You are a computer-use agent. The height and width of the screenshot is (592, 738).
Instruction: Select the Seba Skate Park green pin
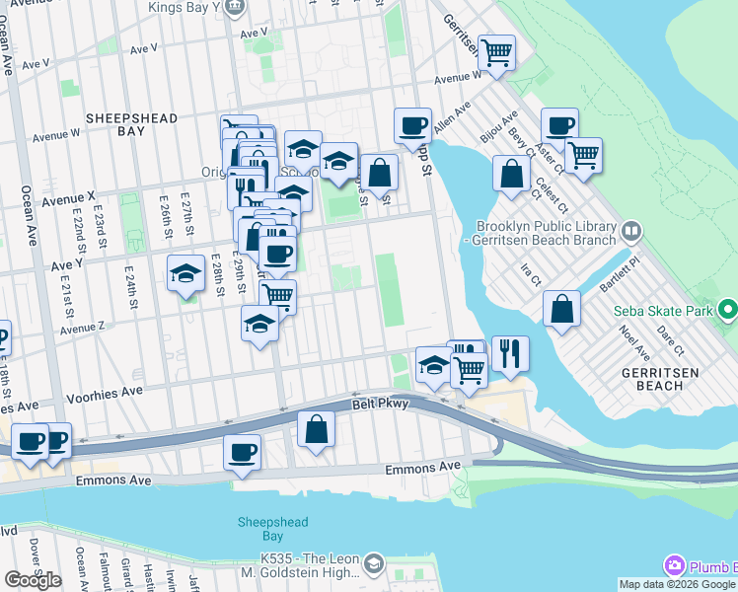pos(728,311)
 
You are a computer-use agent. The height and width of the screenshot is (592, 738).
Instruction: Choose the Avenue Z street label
pos(81,327)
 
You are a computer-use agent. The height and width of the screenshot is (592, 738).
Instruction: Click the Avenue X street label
pos(68,198)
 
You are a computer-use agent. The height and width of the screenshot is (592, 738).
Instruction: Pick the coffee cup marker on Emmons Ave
pos(242,453)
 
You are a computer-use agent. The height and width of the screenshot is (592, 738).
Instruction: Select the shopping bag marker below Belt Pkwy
pos(316,429)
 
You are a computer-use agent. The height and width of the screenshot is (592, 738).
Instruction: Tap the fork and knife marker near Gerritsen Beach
pos(510,354)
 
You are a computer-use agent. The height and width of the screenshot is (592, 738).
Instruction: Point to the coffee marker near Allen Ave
pos(412,125)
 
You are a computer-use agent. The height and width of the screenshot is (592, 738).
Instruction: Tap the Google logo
pos(34,580)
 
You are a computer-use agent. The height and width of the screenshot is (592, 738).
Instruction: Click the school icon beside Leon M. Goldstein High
pos(373,564)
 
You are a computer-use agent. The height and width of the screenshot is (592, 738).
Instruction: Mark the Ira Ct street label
pos(531,275)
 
